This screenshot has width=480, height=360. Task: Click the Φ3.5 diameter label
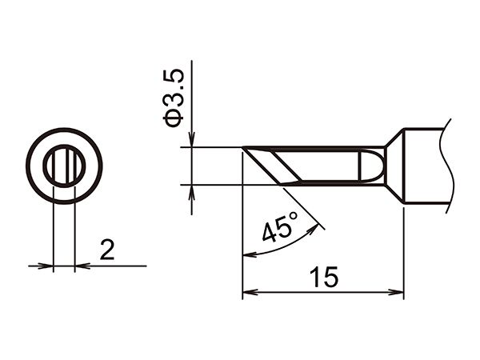(x=174, y=98)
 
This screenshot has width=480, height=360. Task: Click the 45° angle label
(x=280, y=226)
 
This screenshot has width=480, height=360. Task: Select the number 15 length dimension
(x=323, y=278)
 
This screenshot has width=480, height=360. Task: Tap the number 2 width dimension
(x=107, y=250)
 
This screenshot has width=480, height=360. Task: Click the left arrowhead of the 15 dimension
(x=250, y=292)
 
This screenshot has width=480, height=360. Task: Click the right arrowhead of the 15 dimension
(x=397, y=292)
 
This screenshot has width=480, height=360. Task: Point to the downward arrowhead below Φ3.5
(x=192, y=139)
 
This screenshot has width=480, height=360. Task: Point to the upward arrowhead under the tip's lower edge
(x=192, y=192)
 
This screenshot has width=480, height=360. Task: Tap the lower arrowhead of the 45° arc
(x=249, y=254)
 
